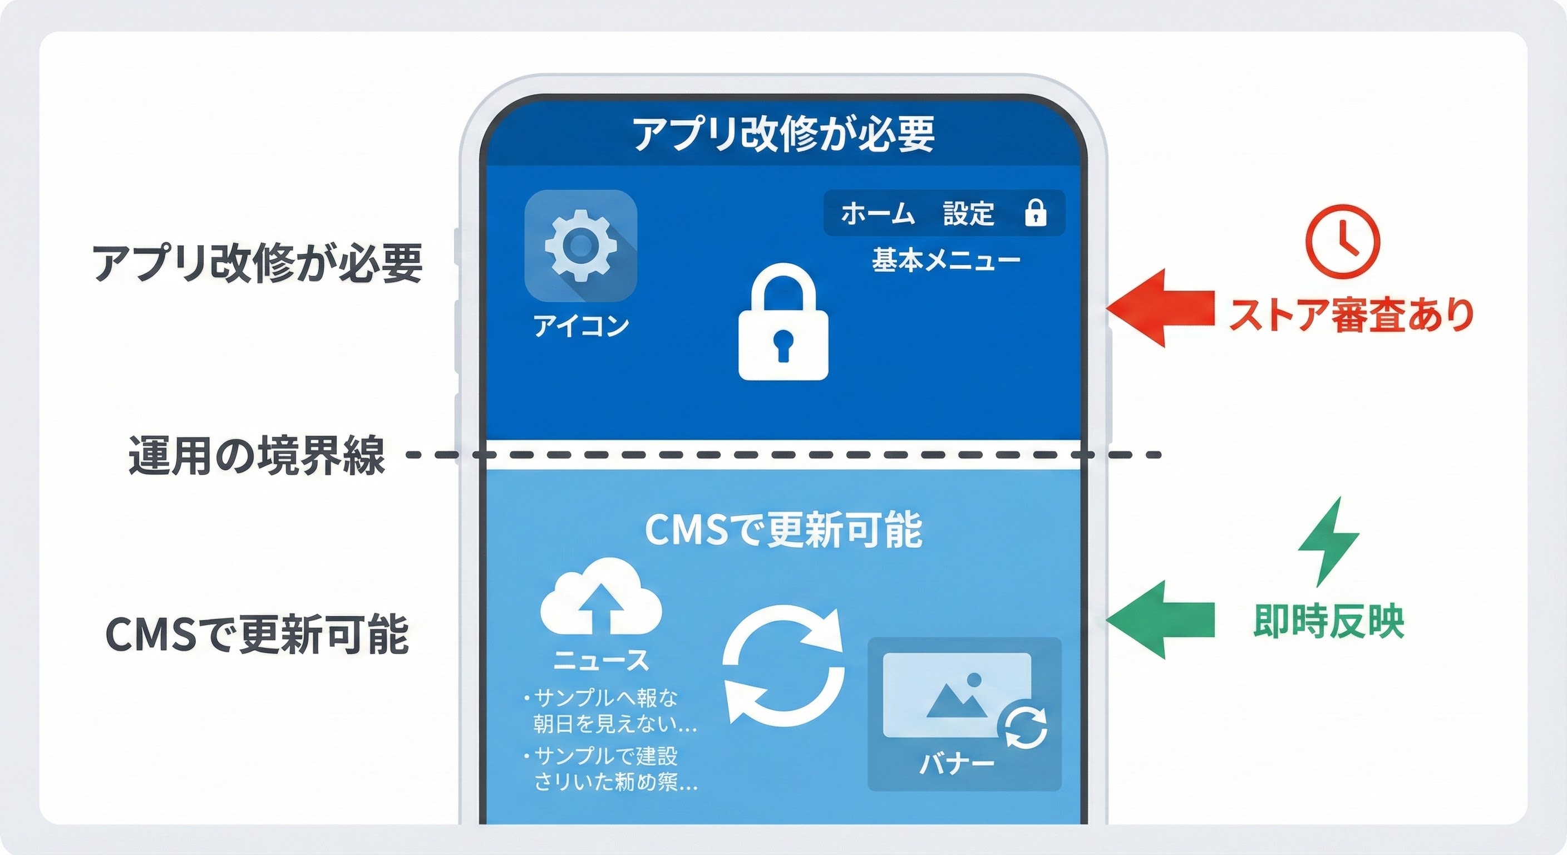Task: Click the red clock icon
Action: (1343, 242)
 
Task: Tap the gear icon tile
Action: (580, 245)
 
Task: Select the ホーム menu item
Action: (878, 214)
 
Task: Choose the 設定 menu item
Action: (968, 214)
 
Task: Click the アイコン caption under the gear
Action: (581, 326)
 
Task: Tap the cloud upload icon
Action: (600, 598)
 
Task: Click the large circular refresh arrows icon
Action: (784, 665)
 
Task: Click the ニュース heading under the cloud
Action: (601, 660)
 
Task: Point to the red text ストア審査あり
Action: (1351, 316)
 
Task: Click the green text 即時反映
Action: (1328, 621)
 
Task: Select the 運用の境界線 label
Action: (257, 455)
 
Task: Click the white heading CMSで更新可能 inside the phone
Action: (783, 530)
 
